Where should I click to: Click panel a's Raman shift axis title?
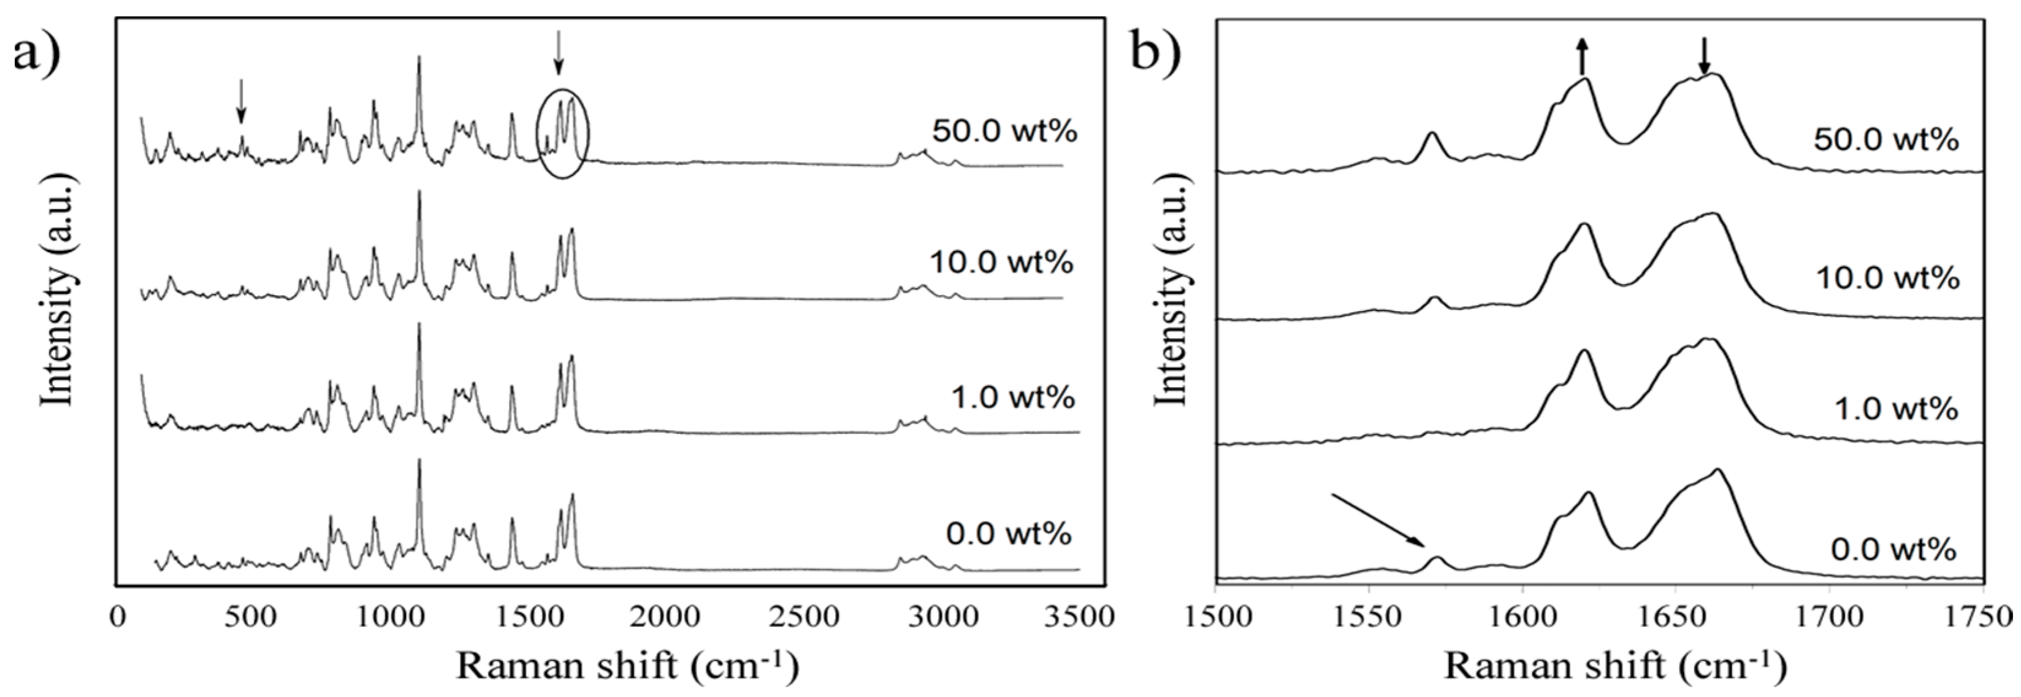(x=628, y=666)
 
